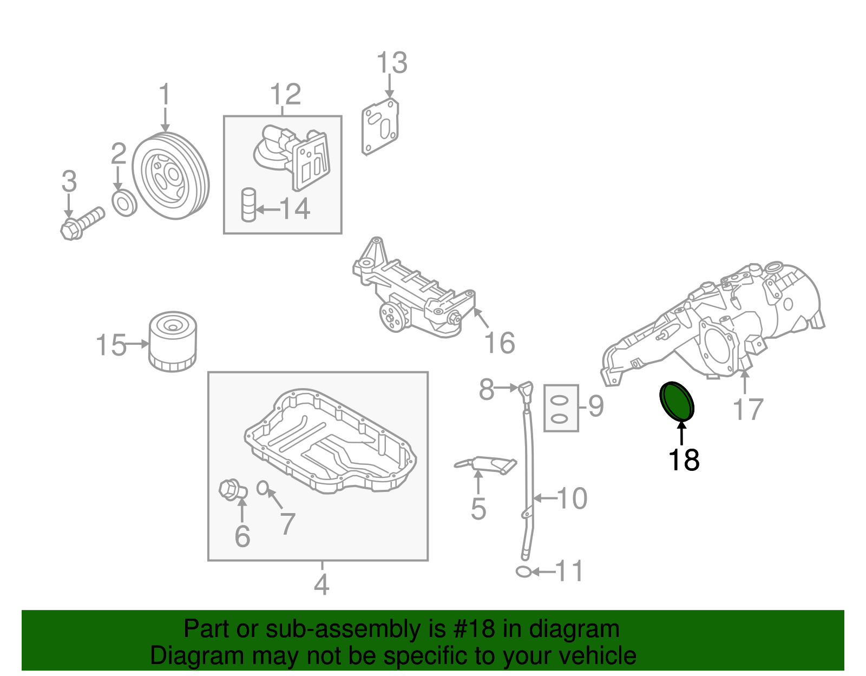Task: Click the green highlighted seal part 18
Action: click(x=677, y=401)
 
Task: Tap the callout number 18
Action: click(x=684, y=460)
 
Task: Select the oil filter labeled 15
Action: click(x=173, y=342)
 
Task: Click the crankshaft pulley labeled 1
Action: click(x=170, y=177)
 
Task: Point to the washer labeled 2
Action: click(x=124, y=203)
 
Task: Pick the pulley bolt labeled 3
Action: click(x=81, y=223)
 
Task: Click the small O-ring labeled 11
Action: click(x=523, y=572)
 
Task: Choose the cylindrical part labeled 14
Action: click(x=248, y=205)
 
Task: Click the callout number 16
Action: click(x=499, y=343)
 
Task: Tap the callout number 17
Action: click(x=747, y=409)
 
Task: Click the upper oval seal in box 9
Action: click(x=561, y=401)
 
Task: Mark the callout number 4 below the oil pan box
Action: click(x=322, y=585)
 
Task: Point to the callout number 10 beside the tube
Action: click(x=572, y=498)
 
